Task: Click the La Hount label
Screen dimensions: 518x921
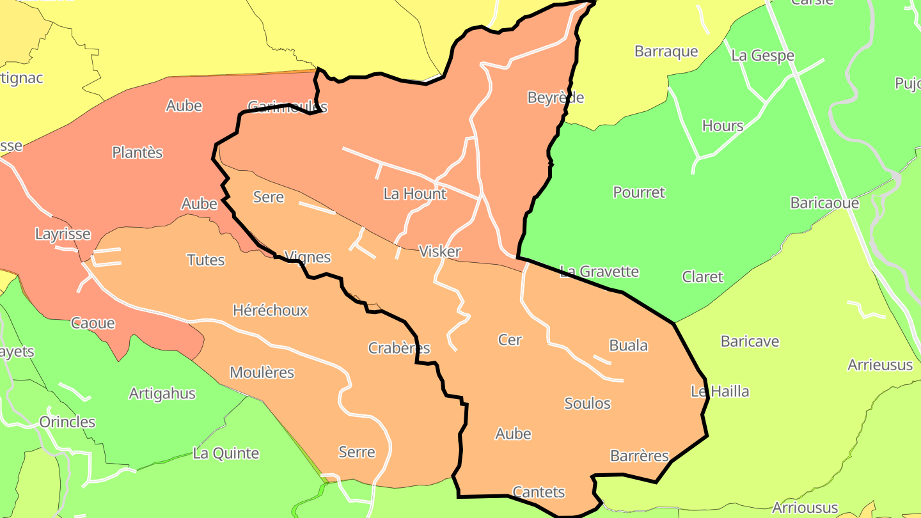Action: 415,193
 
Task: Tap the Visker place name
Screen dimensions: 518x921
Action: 439,251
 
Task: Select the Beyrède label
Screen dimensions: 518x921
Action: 555,97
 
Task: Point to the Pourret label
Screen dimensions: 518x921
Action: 639,192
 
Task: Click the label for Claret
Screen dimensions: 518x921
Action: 702,277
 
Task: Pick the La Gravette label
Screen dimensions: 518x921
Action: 599,271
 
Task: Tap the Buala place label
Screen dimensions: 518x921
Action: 628,345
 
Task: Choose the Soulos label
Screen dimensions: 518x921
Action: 587,404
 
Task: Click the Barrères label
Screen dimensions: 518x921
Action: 639,456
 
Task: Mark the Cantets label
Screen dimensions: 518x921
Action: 539,492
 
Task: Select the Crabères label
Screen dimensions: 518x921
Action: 399,348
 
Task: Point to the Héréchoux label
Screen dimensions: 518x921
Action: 270,311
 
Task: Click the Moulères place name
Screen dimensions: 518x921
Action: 262,372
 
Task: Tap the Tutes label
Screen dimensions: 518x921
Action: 205,260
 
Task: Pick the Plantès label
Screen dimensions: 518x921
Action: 137,152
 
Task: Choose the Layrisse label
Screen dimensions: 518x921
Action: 63,234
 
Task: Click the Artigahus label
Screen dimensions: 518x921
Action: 162,393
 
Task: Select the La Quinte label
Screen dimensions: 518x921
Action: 226,453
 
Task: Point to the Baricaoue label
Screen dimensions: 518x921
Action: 824,203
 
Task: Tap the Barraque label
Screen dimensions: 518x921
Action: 666,51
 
